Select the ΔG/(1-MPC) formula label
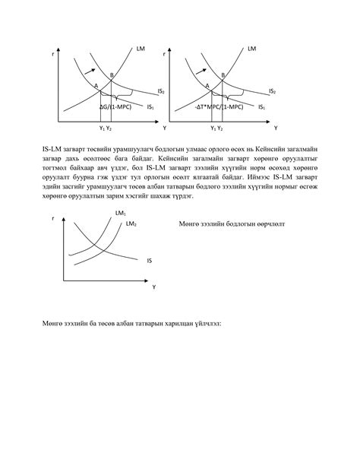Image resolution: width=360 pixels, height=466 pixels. pyautogui.click(x=118, y=107)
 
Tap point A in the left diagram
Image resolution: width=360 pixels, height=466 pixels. pyautogui.click(x=96, y=85)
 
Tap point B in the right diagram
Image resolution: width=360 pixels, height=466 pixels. pyautogui.click(x=223, y=74)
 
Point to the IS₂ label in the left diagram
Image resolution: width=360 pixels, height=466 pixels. pyautogui.click(x=160, y=90)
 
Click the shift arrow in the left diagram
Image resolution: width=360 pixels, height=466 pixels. pyautogui.click(x=93, y=70)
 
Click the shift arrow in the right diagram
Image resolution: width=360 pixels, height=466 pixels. pyautogui.click(x=204, y=70)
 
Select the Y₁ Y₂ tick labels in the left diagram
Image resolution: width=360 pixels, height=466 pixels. pyautogui.click(x=106, y=128)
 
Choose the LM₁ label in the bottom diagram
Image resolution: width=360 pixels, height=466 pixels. pyautogui.click(x=120, y=213)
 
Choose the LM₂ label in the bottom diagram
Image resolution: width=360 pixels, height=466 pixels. pyautogui.click(x=131, y=224)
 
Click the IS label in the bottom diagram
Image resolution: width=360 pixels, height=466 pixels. pyautogui.click(x=149, y=260)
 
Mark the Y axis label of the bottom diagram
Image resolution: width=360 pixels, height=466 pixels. pyautogui.click(x=153, y=287)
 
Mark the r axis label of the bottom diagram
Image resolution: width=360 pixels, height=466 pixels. pyautogui.click(x=53, y=219)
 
